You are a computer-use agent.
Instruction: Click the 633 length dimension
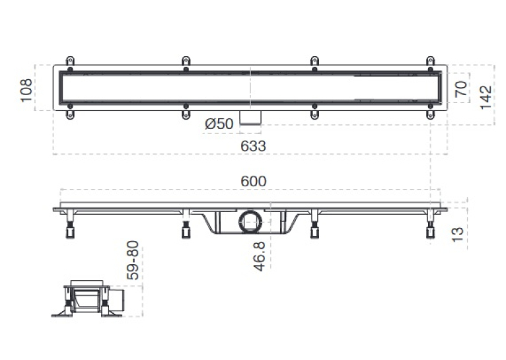click(x=253, y=146)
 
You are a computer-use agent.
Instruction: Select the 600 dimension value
click(x=254, y=181)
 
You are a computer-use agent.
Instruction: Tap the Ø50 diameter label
click(x=219, y=124)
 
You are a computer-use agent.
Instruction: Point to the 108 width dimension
click(x=26, y=90)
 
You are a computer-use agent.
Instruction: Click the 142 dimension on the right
click(x=486, y=97)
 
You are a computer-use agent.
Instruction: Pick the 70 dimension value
click(x=461, y=89)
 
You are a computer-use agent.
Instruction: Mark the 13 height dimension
click(x=458, y=234)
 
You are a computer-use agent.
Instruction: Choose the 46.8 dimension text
click(x=260, y=256)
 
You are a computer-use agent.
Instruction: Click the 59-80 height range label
click(x=133, y=260)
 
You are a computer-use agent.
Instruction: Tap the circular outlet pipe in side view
click(x=250, y=222)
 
